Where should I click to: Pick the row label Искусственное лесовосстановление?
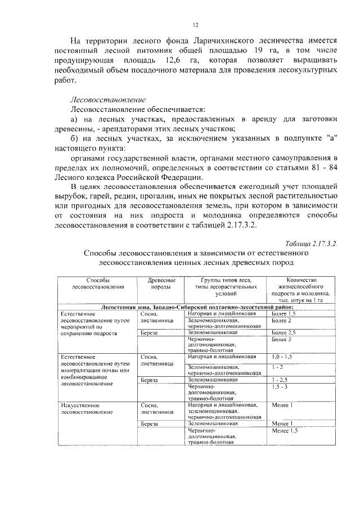(x=85, y=408)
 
